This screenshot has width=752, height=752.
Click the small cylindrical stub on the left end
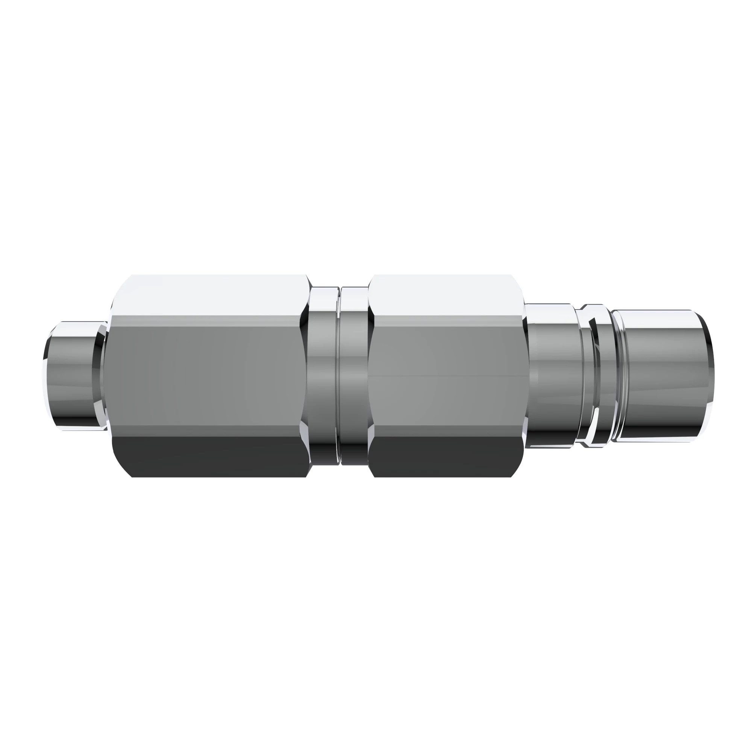tap(74, 376)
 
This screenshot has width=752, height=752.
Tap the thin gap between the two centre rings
tap(340, 376)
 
